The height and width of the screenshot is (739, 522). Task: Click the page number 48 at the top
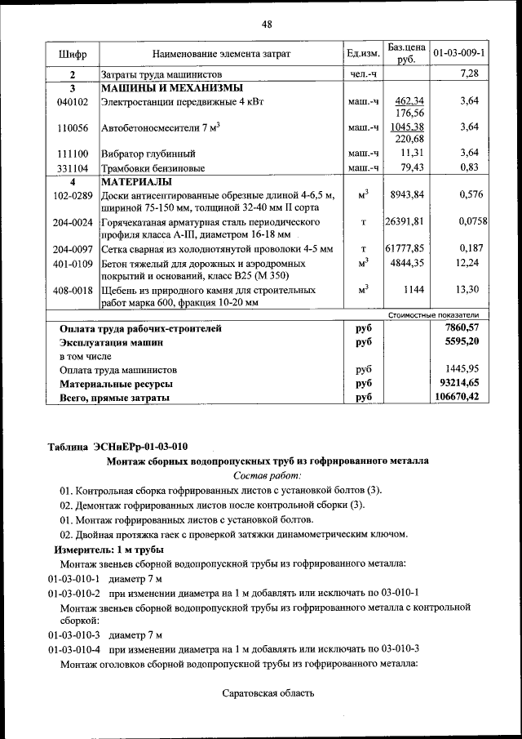(x=266, y=24)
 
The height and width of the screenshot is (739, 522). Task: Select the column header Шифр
(x=72, y=54)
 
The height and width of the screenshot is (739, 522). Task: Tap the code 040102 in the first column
(x=72, y=102)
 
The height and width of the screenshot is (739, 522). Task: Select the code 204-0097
(x=72, y=249)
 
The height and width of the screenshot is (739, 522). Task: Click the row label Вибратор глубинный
(x=148, y=154)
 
